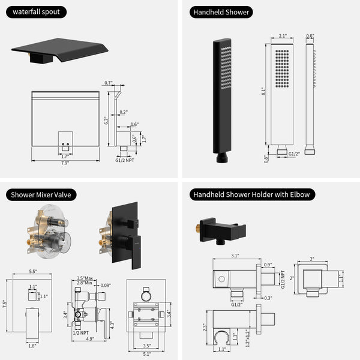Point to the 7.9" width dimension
pos(64,163)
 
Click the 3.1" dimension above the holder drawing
pos(234,255)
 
